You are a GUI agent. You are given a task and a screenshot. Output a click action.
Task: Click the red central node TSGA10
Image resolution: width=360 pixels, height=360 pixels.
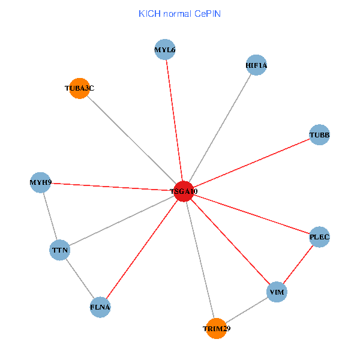click(184, 191)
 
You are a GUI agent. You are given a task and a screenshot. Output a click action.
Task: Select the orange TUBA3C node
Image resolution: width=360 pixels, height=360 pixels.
click(80, 88)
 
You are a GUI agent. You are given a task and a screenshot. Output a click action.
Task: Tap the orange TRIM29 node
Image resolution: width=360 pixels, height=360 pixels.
click(216, 328)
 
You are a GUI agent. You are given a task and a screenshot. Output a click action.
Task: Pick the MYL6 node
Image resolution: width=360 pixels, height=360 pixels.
click(164, 50)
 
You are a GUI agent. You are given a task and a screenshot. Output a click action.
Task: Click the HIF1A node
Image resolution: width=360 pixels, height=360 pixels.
click(256, 65)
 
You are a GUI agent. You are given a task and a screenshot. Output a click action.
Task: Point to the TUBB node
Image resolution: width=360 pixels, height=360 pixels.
click(319, 135)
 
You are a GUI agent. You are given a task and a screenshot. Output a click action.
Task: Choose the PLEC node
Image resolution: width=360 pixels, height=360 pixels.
click(319, 237)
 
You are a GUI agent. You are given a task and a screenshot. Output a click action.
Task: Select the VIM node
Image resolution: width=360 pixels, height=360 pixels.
click(277, 292)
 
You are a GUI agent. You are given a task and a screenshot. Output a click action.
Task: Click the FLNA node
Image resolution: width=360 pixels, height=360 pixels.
click(100, 307)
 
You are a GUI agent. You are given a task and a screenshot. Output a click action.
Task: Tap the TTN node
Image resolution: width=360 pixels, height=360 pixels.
click(60, 250)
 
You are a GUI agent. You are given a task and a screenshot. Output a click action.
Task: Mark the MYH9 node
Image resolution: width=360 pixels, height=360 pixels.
click(40, 182)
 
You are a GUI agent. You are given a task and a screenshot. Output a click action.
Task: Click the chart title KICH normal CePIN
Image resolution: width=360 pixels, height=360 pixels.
click(179, 13)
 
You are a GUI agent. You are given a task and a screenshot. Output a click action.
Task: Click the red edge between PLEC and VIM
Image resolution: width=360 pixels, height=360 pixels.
click(298, 265)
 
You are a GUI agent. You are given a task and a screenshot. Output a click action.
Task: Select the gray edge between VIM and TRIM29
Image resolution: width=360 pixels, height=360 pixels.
click(247, 310)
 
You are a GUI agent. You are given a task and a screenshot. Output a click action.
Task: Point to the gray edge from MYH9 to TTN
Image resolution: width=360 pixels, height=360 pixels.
click(50, 216)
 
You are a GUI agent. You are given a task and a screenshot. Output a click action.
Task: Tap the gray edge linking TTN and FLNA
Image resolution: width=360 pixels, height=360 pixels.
click(80, 278)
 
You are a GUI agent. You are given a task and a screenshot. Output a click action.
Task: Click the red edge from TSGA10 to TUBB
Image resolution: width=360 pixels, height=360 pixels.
click(251, 163)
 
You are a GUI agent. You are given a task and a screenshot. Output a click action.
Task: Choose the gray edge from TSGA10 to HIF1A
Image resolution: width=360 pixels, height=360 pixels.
click(220, 128)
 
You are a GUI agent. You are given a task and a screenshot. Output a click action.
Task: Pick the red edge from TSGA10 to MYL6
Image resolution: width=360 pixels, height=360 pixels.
click(174, 121)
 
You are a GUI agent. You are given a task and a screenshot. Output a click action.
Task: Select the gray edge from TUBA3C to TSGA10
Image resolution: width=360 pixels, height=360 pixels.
click(132, 140)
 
